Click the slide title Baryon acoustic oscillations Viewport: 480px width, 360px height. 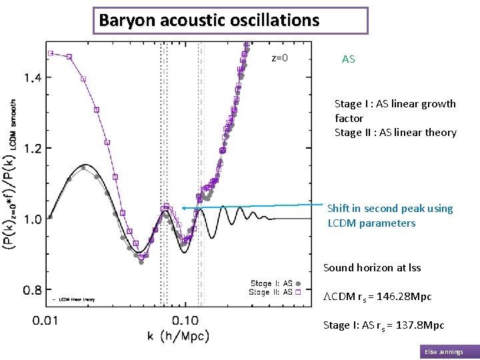point(209,20)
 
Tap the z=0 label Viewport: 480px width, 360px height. point(279,58)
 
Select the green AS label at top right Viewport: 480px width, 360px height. point(348,59)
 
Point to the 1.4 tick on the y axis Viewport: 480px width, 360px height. point(33,78)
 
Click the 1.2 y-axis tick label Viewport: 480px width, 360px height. point(33,148)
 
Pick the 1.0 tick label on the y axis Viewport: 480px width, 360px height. point(33,219)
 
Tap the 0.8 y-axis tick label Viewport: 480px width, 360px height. point(33,289)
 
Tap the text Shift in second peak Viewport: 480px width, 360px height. point(389,209)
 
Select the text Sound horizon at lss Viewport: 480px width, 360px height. point(372,268)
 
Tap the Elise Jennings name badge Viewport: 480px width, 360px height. point(449,352)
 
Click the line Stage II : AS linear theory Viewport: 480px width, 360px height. point(395,133)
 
